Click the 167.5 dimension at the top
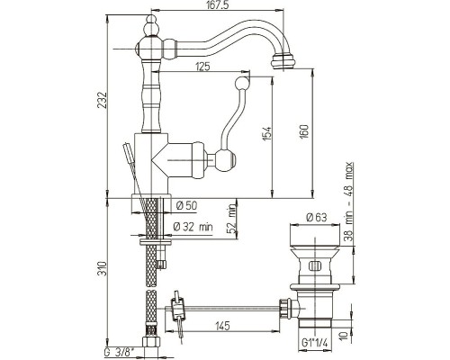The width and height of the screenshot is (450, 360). [x=217, y=5]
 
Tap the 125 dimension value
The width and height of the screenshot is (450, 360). [x=202, y=67]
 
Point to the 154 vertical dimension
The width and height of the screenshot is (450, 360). [x=267, y=132]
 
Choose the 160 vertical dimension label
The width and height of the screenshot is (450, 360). [x=304, y=131]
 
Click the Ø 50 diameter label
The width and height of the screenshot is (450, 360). [x=186, y=205]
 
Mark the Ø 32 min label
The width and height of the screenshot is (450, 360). [x=193, y=227]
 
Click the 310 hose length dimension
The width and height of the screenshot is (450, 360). [x=103, y=268]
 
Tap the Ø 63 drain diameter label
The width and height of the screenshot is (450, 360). [x=317, y=218]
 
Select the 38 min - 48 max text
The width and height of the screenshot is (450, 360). [x=348, y=202]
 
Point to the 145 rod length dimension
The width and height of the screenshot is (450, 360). [x=222, y=326]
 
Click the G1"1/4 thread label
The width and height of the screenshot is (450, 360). [x=314, y=343]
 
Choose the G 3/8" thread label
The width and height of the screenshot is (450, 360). [x=120, y=353]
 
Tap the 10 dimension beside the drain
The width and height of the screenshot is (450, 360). [x=346, y=335]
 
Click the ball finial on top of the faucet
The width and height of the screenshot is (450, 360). [x=150, y=27]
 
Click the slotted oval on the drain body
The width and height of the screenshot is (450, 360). [x=315, y=265]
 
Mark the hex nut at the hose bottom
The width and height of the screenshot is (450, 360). [x=150, y=342]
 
